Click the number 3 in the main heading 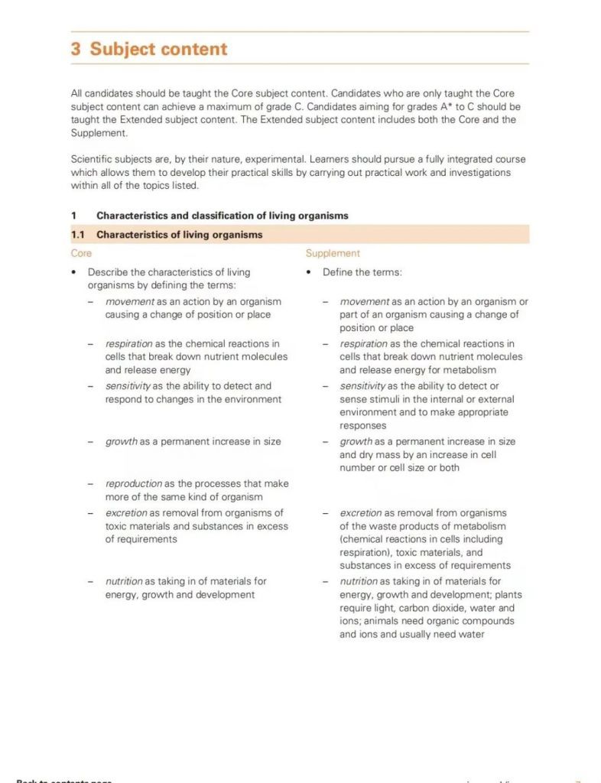[x=76, y=49]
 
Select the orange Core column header [x=81, y=253]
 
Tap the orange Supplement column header [x=333, y=253]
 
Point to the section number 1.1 [x=78, y=235]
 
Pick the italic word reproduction [x=134, y=484]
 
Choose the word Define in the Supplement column [x=339, y=272]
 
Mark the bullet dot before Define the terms [x=307, y=272]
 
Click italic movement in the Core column [x=130, y=302]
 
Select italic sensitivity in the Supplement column [x=363, y=386]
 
